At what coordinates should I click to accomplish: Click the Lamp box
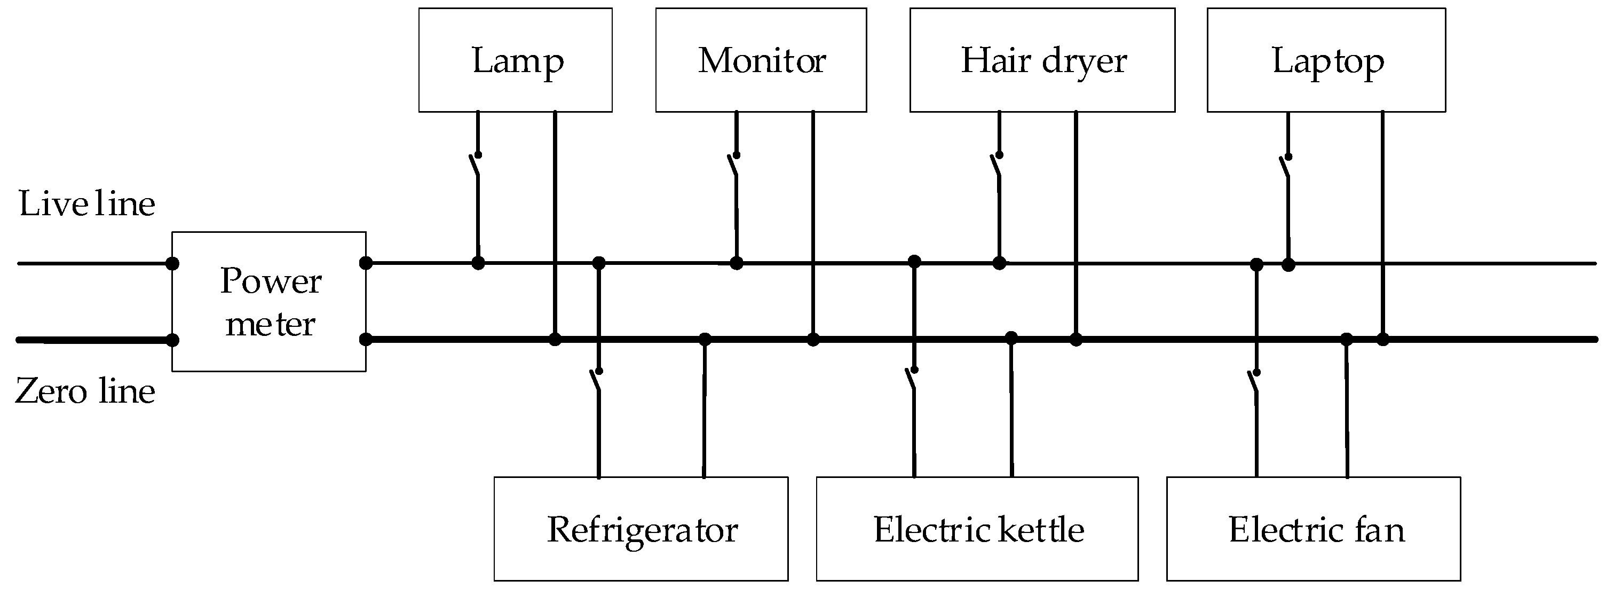point(515,60)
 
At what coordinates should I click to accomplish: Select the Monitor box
point(761,60)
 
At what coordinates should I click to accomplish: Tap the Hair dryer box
point(1042,60)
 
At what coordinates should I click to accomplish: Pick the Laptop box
point(1326,60)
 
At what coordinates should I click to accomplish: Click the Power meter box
point(268,301)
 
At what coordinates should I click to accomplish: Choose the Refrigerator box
point(641,528)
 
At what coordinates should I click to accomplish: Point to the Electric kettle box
point(977,528)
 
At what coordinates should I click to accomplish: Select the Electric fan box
point(1314,528)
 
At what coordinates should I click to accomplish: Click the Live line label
point(86,203)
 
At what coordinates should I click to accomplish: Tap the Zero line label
point(85,391)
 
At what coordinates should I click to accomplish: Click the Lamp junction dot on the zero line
point(555,340)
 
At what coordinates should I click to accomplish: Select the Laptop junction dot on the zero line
point(1383,340)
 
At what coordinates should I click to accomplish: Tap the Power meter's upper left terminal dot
point(172,263)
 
